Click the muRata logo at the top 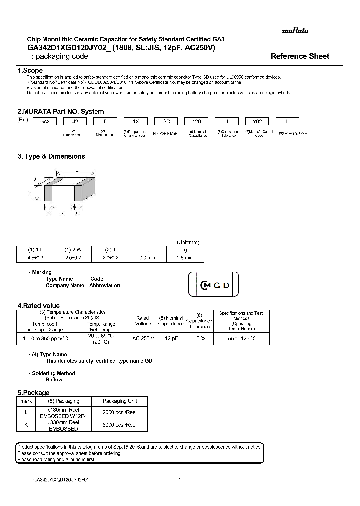point(295,31)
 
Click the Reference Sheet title point(300,56)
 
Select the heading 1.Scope point(30,71)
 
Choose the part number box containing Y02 point(257,122)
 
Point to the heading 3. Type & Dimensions point(51,156)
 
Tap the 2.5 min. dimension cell point(185,258)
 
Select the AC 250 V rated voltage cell point(143,338)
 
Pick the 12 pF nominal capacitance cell point(171,338)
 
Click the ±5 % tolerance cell point(199,338)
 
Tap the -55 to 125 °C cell point(241,338)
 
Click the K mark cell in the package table point(25,425)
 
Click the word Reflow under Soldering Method point(54,380)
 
